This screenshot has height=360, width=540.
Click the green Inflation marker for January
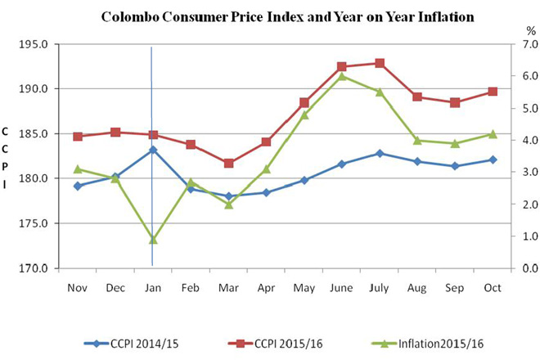click(153, 240)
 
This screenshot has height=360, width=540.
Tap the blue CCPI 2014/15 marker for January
click(153, 150)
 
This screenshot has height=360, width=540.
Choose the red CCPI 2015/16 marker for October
click(493, 92)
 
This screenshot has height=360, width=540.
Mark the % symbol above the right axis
click(531, 29)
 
